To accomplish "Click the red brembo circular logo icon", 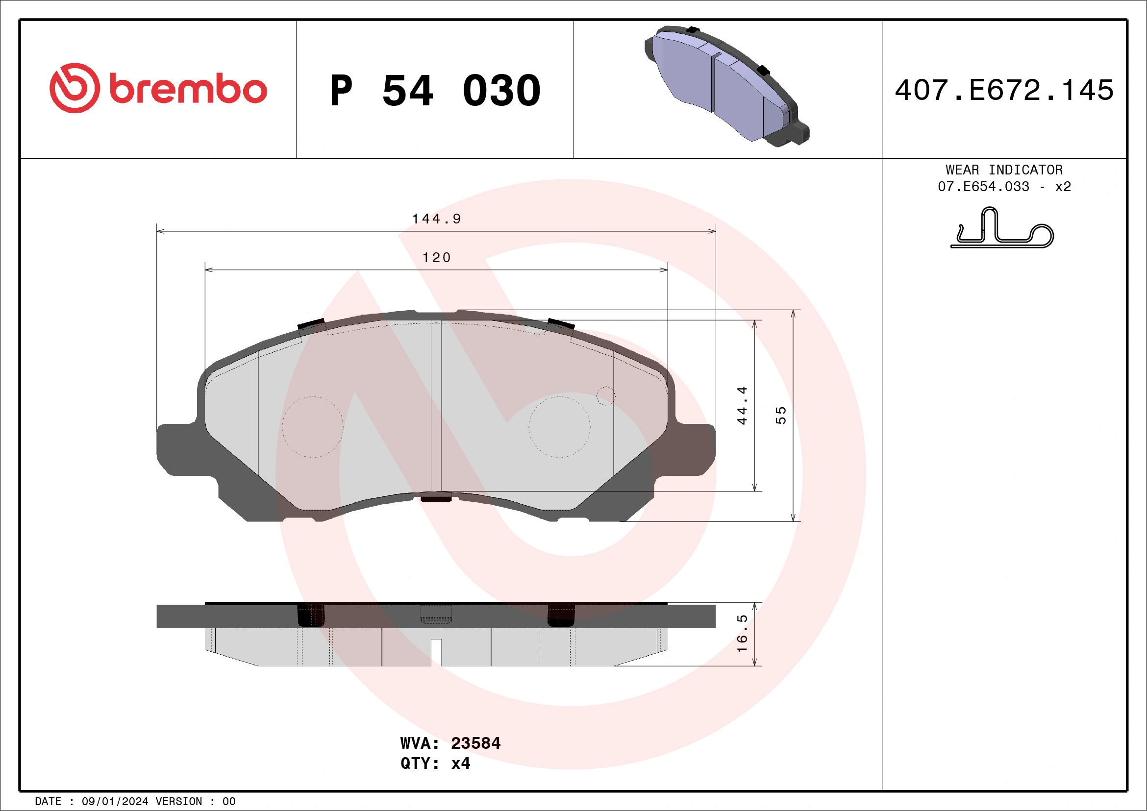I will tap(75, 88).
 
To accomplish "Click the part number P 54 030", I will tap(435, 90).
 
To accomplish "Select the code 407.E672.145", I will tap(1004, 90).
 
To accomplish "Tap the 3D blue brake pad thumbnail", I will tap(727, 86).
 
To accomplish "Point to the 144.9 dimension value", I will tap(436, 219).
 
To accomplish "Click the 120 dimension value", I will tap(436, 258).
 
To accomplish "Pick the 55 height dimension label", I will tap(780, 416).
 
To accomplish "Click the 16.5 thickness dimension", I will tap(742, 633).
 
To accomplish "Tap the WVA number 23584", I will tap(475, 743).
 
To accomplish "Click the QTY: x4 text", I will tap(435, 763).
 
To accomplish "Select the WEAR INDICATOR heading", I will tap(1004, 170).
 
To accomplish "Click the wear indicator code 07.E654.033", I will tap(983, 186).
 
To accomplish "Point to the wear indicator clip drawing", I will tap(1001, 229).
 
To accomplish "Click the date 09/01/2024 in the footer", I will tap(115, 802).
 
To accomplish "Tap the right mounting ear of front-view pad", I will tap(695, 449).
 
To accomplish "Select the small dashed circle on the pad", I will tap(605, 396).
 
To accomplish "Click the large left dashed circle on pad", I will tap(312, 427).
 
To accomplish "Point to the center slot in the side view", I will tap(436, 652).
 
